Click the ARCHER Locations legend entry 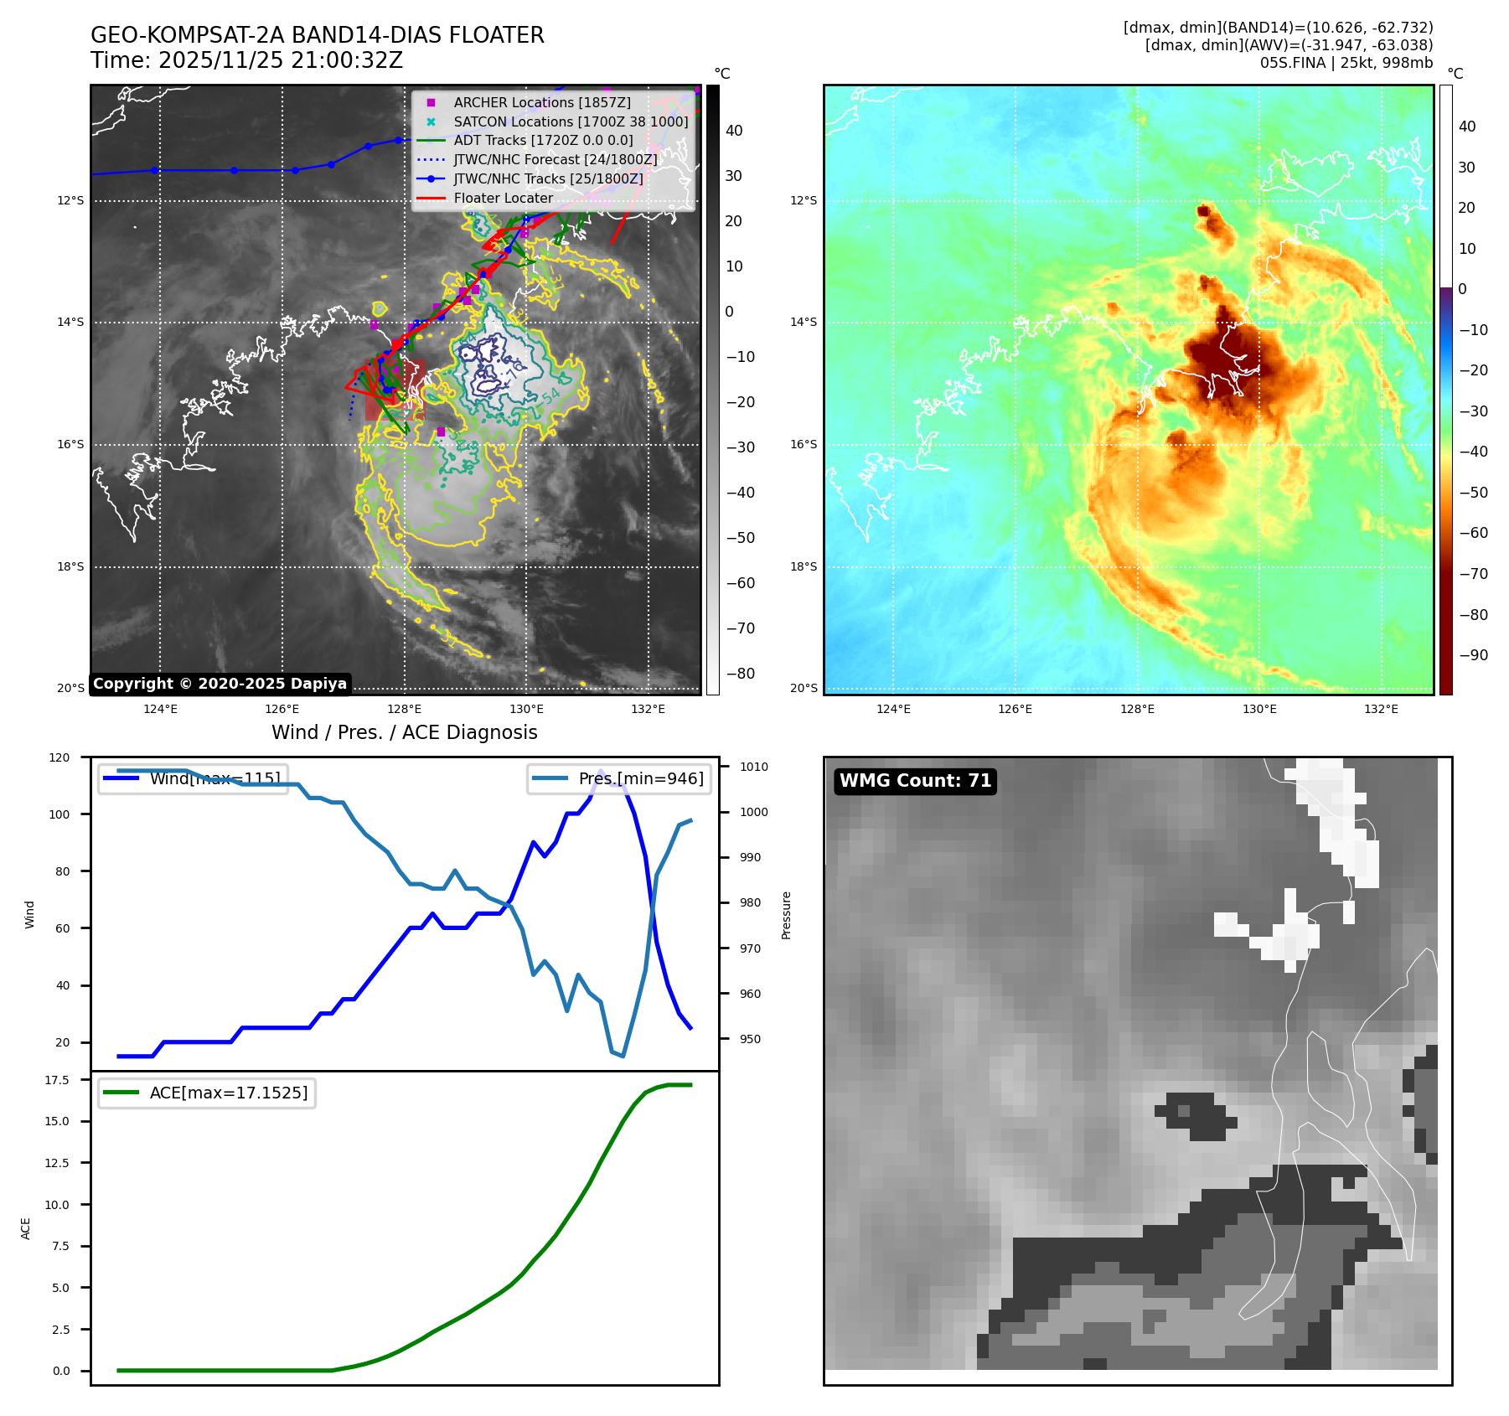tap(541, 102)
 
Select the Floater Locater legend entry tap(503, 199)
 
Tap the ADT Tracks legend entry tap(543, 141)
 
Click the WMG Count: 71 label tap(915, 781)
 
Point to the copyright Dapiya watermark tap(220, 684)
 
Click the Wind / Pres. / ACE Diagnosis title tap(404, 732)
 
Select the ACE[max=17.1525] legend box tap(207, 1093)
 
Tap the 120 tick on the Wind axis tap(59, 757)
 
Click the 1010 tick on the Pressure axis tap(753, 767)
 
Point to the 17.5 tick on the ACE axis tap(57, 1080)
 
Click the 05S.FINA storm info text tap(1346, 63)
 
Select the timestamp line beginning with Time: tap(246, 61)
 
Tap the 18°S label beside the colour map tap(803, 567)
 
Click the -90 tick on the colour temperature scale tap(1473, 655)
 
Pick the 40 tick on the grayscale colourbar tap(734, 131)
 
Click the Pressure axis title tap(786, 915)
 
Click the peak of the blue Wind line tap(601, 771)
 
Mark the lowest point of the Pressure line tap(623, 1056)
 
